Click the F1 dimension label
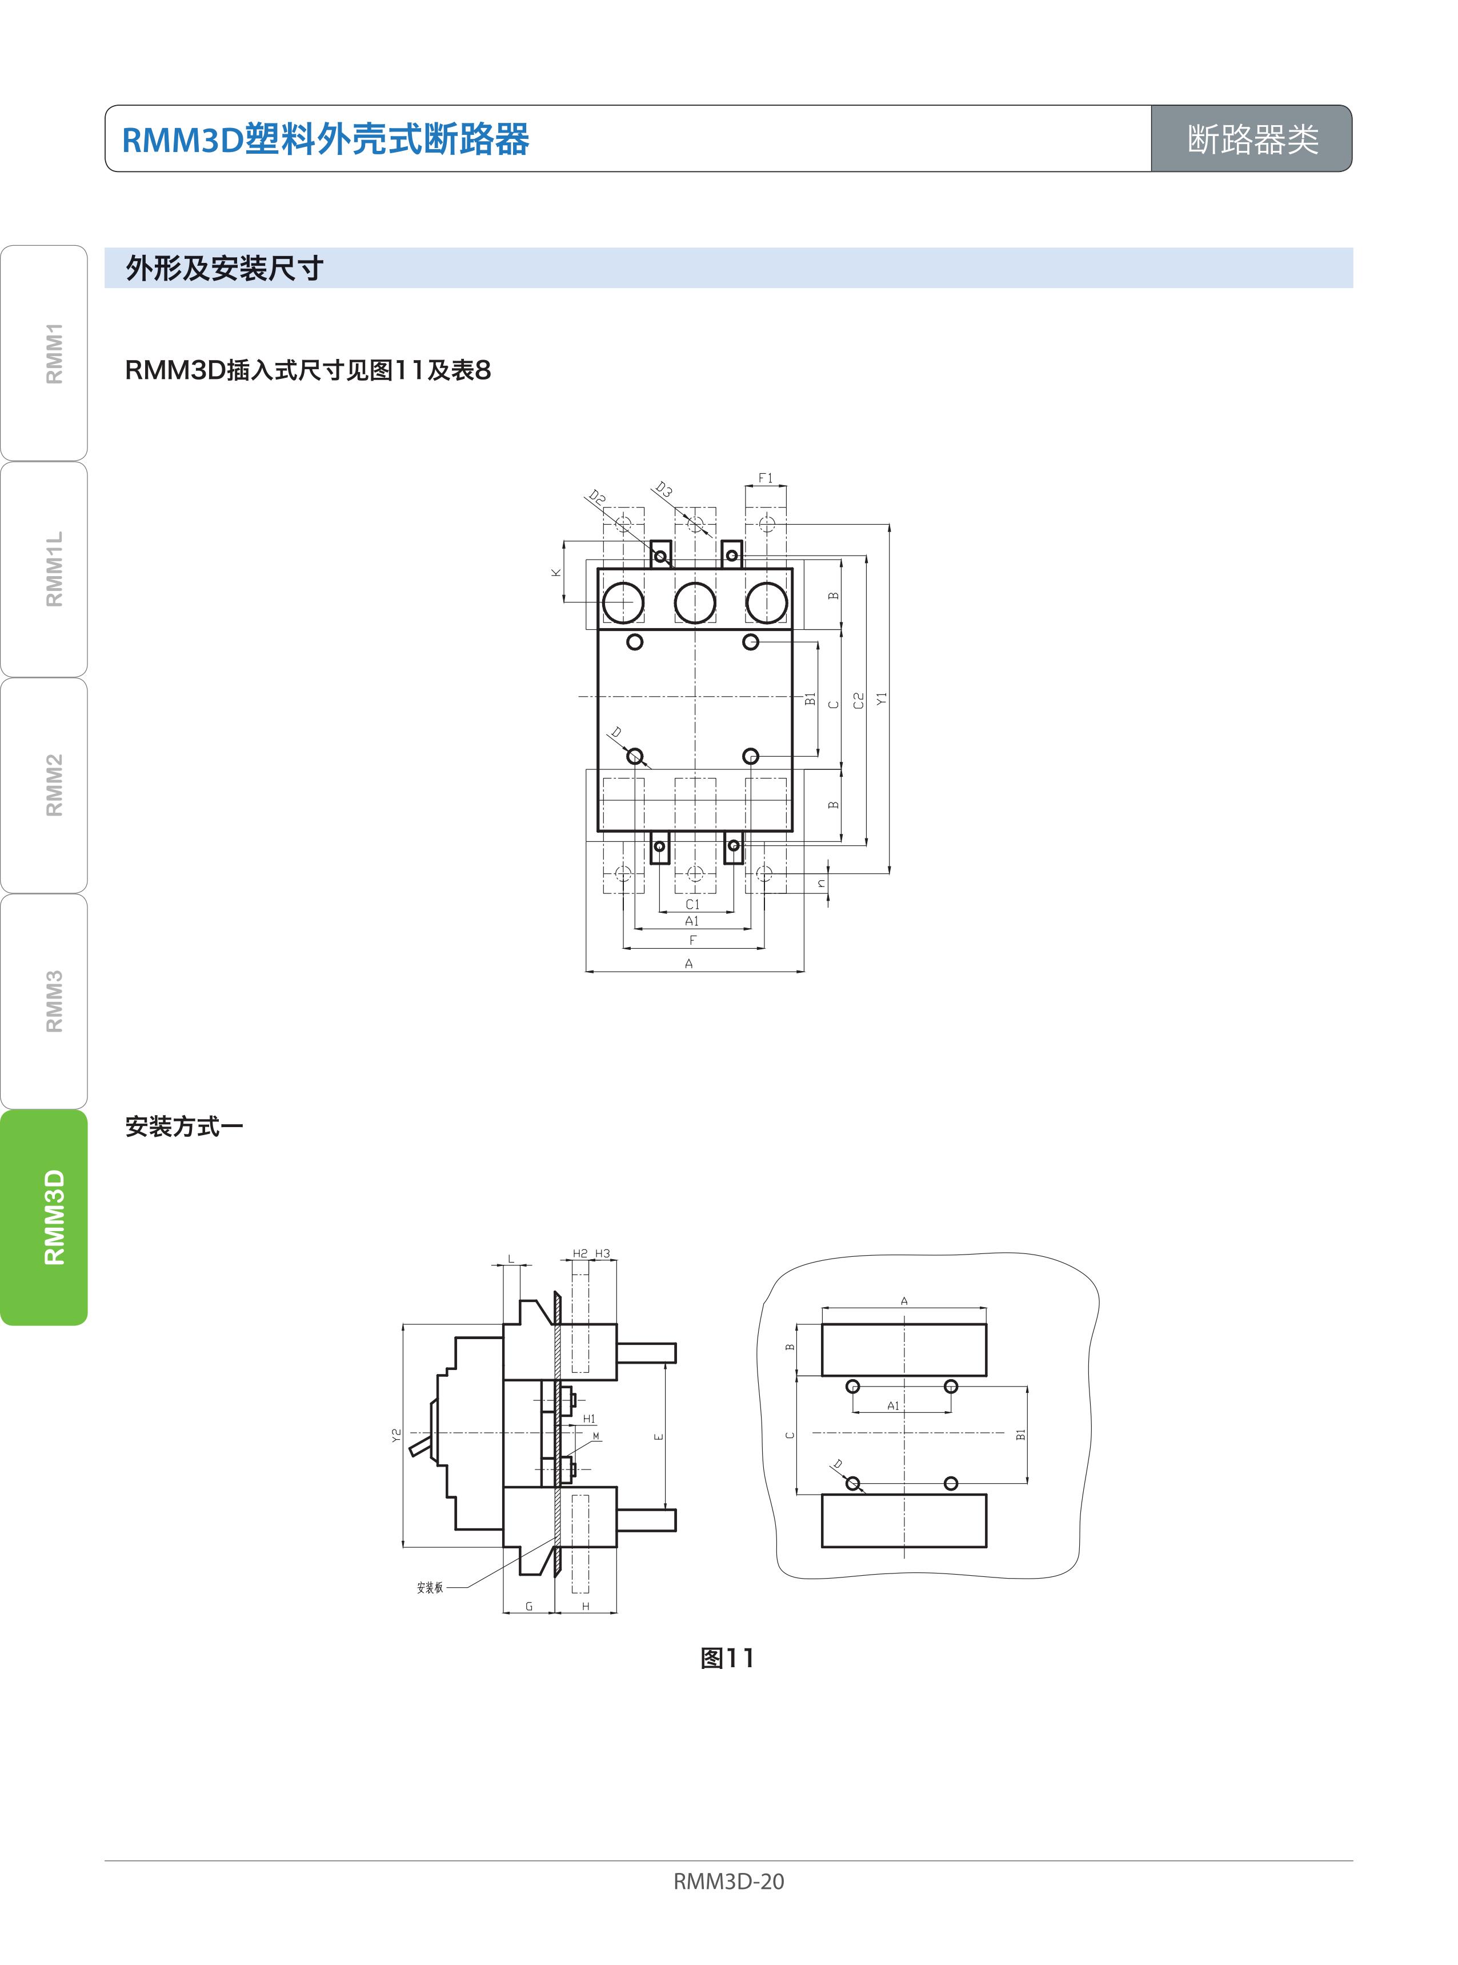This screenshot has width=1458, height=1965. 765,478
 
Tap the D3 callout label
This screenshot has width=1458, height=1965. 664,490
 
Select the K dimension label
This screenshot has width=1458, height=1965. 556,572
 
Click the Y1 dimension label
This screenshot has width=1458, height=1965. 882,698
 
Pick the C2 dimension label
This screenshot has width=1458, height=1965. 859,700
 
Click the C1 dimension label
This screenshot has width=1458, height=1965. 693,904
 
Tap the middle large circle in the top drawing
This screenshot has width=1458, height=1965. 695,603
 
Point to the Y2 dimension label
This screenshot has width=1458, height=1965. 396,1436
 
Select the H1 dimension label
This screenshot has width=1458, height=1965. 588,1419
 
